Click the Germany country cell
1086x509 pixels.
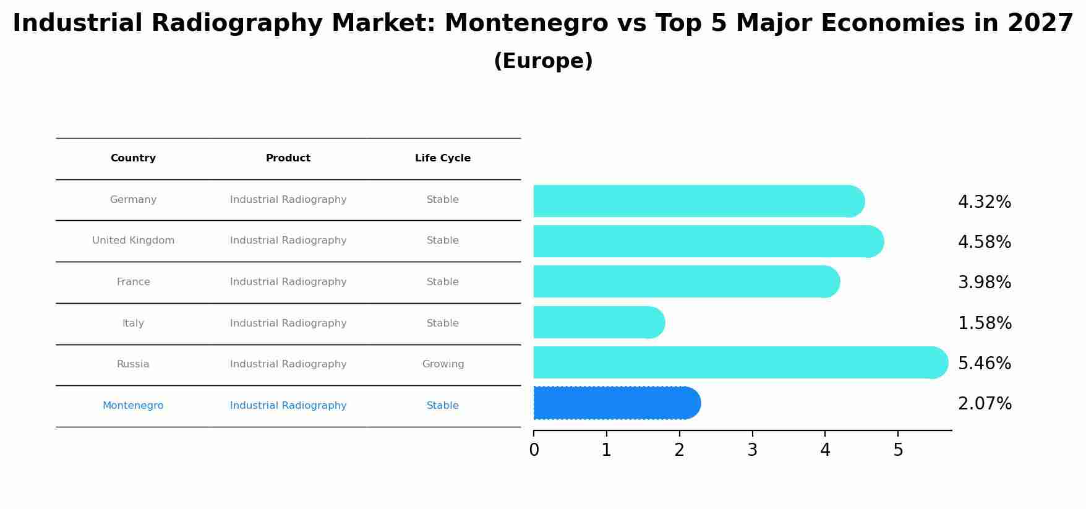(133, 200)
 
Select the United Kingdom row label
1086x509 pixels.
(133, 241)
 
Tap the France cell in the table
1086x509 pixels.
(133, 282)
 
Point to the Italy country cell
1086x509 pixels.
(133, 323)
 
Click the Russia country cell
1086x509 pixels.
(133, 364)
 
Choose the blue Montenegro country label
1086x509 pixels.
(133, 406)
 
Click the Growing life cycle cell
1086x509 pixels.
(443, 364)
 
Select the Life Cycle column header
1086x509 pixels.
(443, 158)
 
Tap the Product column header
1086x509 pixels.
(288, 158)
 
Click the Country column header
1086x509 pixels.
(133, 158)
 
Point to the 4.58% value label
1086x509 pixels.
(984, 242)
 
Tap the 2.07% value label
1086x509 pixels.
(985, 404)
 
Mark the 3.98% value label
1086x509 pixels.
(984, 283)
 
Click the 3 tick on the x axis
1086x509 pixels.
(752, 450)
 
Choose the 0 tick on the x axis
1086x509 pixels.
(534, 450)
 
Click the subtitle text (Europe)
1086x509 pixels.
(543, 61)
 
